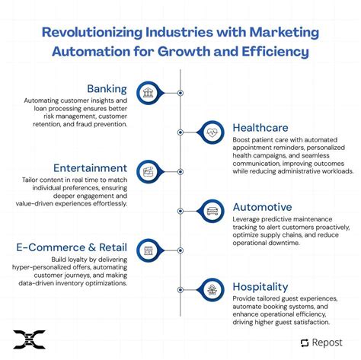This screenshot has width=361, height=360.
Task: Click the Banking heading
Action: [x=107, y=88]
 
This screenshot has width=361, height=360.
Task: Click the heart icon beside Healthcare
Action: [x=212, y=132]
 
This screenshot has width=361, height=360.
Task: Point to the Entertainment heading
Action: [x=90, y=167]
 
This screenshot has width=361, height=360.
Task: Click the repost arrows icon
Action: [x=303, y=342]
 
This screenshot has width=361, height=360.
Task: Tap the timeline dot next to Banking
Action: [x=180, y=93]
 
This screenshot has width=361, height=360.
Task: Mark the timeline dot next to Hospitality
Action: [x=180, y=290]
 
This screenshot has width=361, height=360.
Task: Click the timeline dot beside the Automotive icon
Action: [x=180, y=211]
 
